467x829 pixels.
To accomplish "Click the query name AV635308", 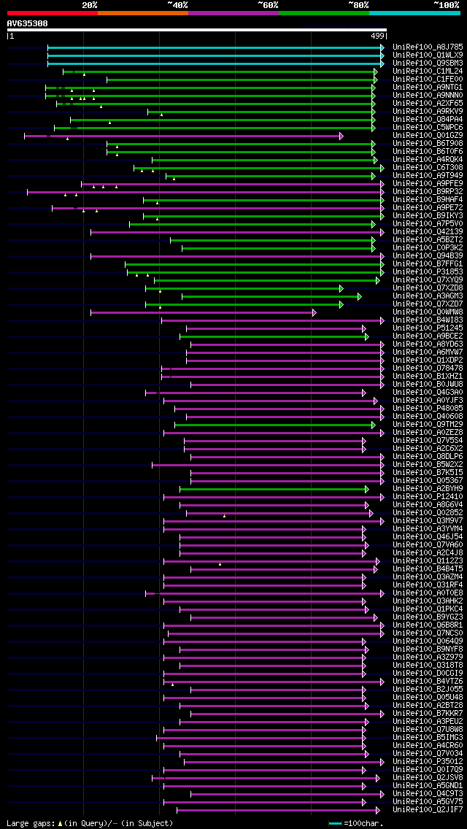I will point(27,23).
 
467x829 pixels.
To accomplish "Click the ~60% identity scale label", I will point(268,5).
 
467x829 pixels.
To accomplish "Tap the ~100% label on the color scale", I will point(447,5).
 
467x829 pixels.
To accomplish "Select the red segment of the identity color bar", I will point(52,13).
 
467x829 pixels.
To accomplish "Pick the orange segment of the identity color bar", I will point(142,13).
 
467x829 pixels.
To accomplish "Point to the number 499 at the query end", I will point(377,36).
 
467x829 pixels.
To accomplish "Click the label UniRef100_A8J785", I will point(428,47).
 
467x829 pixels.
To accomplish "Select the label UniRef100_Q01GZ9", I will point(428,135).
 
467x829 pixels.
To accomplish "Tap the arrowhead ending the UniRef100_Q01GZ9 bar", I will point(341,136).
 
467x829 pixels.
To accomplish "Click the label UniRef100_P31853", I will point(428,271).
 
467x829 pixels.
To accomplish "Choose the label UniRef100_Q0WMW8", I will point(428,312).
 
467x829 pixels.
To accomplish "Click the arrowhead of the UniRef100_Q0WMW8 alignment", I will point(314,312).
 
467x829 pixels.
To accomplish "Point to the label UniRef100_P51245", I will point(428,328).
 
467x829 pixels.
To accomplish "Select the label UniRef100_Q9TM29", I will point(428,424).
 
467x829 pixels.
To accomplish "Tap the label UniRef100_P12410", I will point(428,496).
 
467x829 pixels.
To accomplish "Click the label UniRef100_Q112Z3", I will point(428,560).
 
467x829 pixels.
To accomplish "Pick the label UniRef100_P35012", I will point(428,761).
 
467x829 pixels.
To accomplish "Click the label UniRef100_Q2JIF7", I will point(428,809).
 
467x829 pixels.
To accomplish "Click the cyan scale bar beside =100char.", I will point(335,823).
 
